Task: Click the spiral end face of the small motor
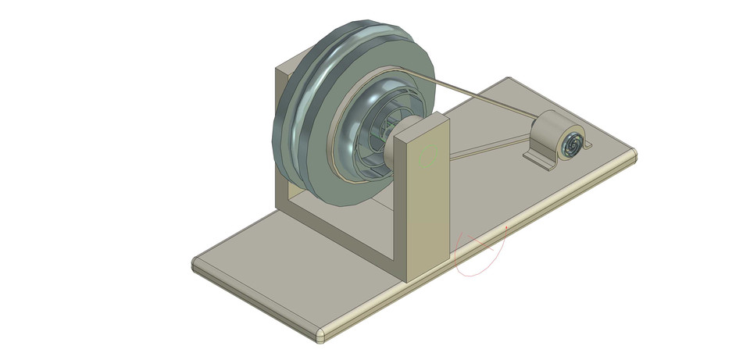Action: click(x=572, y=144)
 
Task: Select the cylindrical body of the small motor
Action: click(x=551, y=127)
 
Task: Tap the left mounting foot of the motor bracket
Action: click(x=535, y=159)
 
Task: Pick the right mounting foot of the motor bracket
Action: click(x=587, y=144)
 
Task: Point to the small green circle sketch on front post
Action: click(x=426, y=156)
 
